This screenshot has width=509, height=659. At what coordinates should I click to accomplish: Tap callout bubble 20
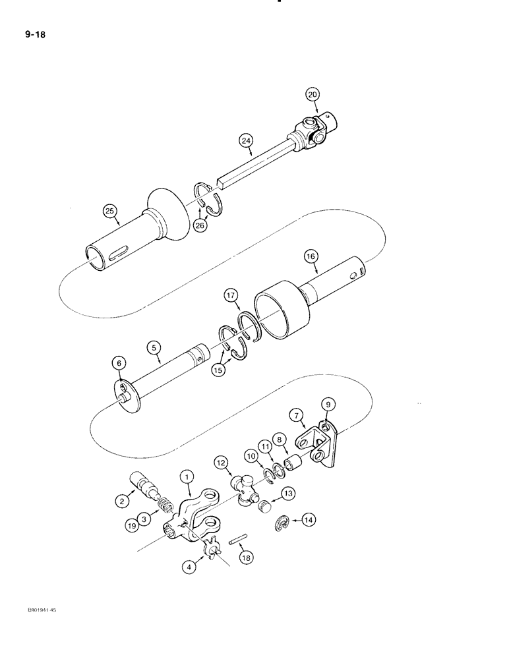tap(312, 95)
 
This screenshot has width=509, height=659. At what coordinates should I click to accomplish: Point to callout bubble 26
tap(200, 225)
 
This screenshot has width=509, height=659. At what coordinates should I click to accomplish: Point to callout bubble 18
tap(246, 558)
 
